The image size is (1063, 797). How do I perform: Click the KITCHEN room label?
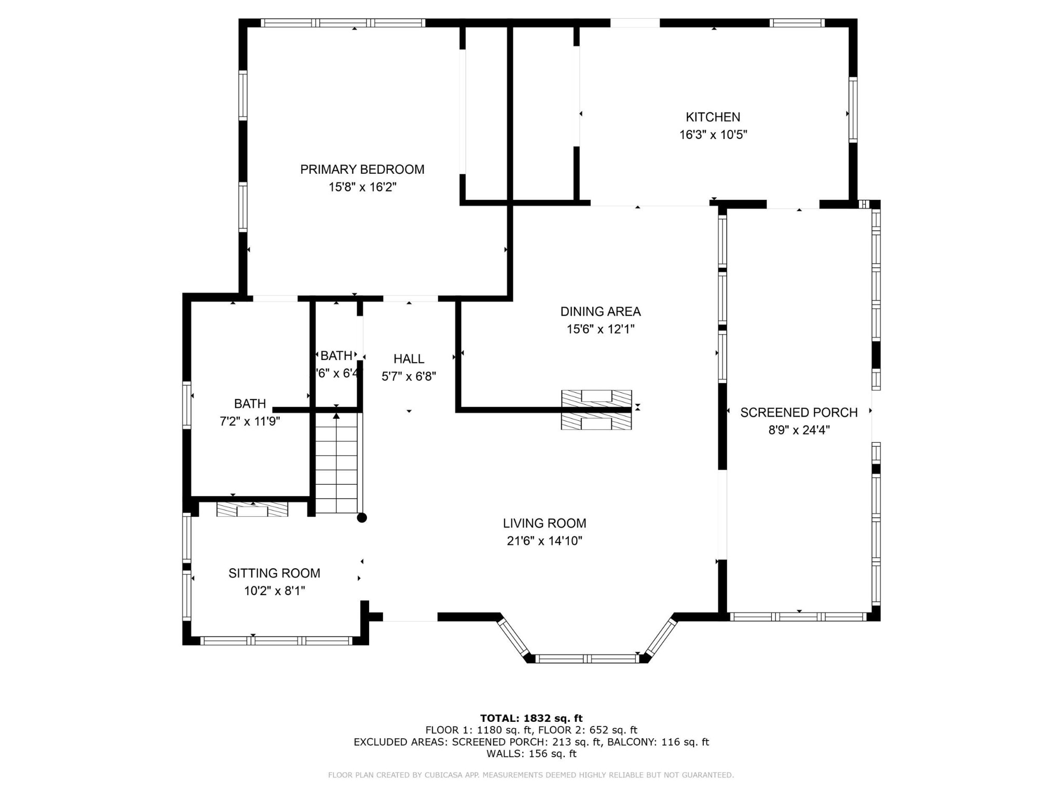coord(713,117)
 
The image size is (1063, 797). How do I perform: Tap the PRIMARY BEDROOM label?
coord(362,170)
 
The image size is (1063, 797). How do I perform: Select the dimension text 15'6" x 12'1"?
coord(601,329)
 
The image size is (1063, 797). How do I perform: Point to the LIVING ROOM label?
coord(544,524)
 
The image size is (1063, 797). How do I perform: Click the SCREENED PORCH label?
coord(799,413)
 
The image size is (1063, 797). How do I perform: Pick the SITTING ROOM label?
coord(274,573)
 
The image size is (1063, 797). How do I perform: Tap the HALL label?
coord(409,359)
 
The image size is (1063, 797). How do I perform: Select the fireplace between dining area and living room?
coord(596,410)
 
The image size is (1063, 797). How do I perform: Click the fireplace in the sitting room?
coord(252,510)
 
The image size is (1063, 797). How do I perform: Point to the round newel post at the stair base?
coord(362,518)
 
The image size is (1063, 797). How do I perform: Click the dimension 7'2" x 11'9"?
coord(250,421)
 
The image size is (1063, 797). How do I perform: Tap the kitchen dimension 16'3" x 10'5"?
coord(713,135)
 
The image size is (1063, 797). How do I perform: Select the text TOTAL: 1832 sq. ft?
coord(531,719)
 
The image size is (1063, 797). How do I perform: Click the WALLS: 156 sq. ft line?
coord(531,754)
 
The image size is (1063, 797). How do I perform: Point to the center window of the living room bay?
coord(587,659)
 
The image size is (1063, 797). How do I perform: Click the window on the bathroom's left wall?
coord(187,405)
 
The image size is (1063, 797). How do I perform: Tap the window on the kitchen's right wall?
coord(853,109)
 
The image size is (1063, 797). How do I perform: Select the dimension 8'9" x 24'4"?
coord(799,430)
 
